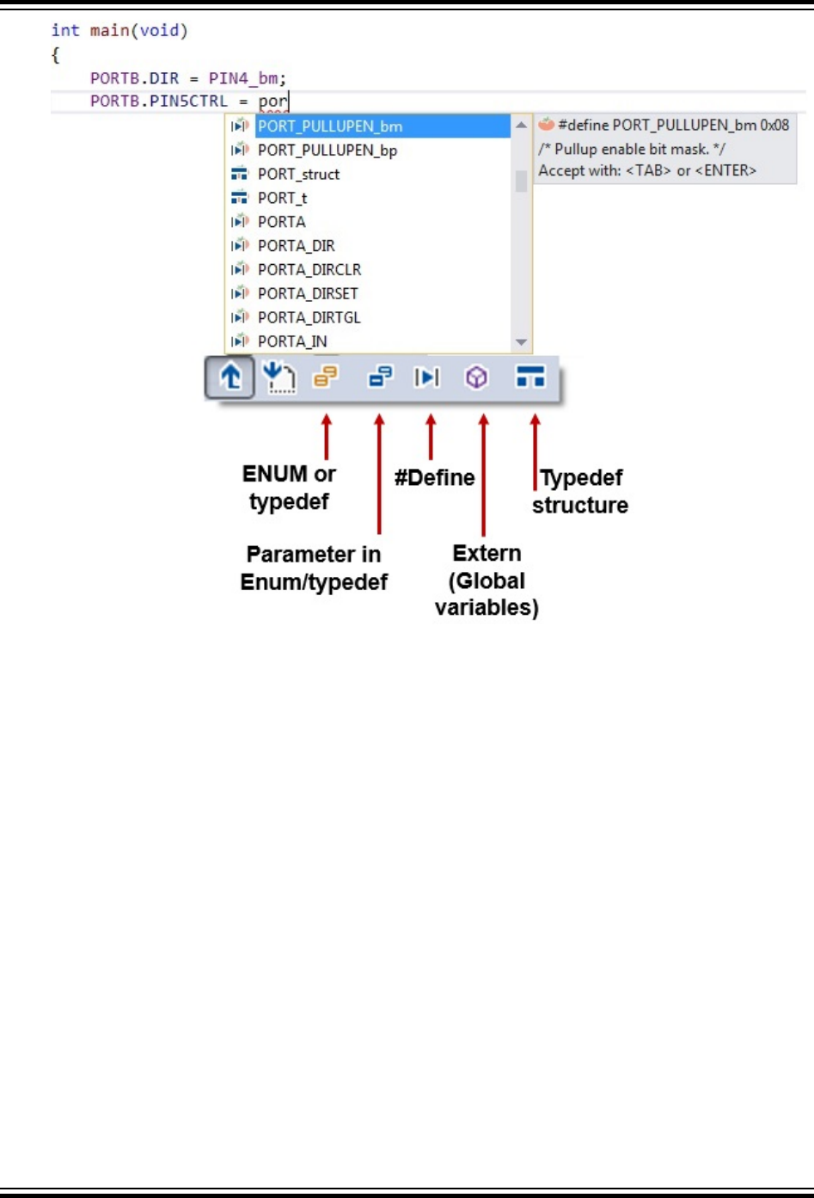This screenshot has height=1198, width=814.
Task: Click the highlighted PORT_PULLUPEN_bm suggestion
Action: (x=330, y=126)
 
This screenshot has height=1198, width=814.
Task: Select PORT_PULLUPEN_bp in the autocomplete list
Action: (x=327, y=151)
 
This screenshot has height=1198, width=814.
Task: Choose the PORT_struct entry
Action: (x=298, y=175)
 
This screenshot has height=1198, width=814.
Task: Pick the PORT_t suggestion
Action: (x=282, y=199)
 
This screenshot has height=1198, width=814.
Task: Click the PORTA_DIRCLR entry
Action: (x=309, y=270)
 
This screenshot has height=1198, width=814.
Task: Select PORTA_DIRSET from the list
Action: (x=308, y=294)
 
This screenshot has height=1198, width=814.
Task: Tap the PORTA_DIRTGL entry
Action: (x=309, y=318)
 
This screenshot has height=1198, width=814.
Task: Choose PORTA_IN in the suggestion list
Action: (x=292, y=341)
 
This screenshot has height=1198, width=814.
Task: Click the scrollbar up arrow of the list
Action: (x=521, y=126)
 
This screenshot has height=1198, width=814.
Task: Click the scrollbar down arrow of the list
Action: (x=521, y=342)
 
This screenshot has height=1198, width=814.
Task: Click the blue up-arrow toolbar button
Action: (x=230, y=378)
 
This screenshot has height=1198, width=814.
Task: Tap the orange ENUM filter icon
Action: (x=326, y=377)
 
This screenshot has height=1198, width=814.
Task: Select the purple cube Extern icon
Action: (x=476, y=377)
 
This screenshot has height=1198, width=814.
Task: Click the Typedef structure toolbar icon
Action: (x=530, y=377)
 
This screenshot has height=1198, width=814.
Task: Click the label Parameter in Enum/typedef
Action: (x=314, y=568)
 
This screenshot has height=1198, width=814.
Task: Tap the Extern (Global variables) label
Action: (x=487, y=581)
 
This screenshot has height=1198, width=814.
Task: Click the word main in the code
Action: (x=109, y=31)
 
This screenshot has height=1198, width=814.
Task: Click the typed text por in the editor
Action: (x=272, y=101)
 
